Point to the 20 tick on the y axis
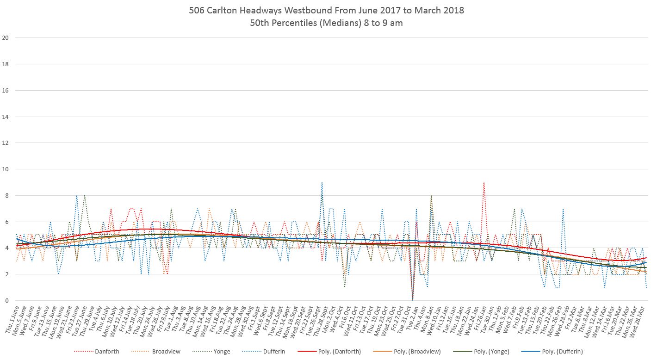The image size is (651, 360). (x=5, y=38)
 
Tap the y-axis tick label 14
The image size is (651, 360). (x=5, y=117)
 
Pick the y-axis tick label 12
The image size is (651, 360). (x=5, y=143)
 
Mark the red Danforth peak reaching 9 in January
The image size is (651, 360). (x=484, y=183)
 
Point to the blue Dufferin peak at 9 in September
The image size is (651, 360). (x=322, y=183)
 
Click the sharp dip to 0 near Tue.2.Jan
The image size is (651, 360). (x=412, y=299)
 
